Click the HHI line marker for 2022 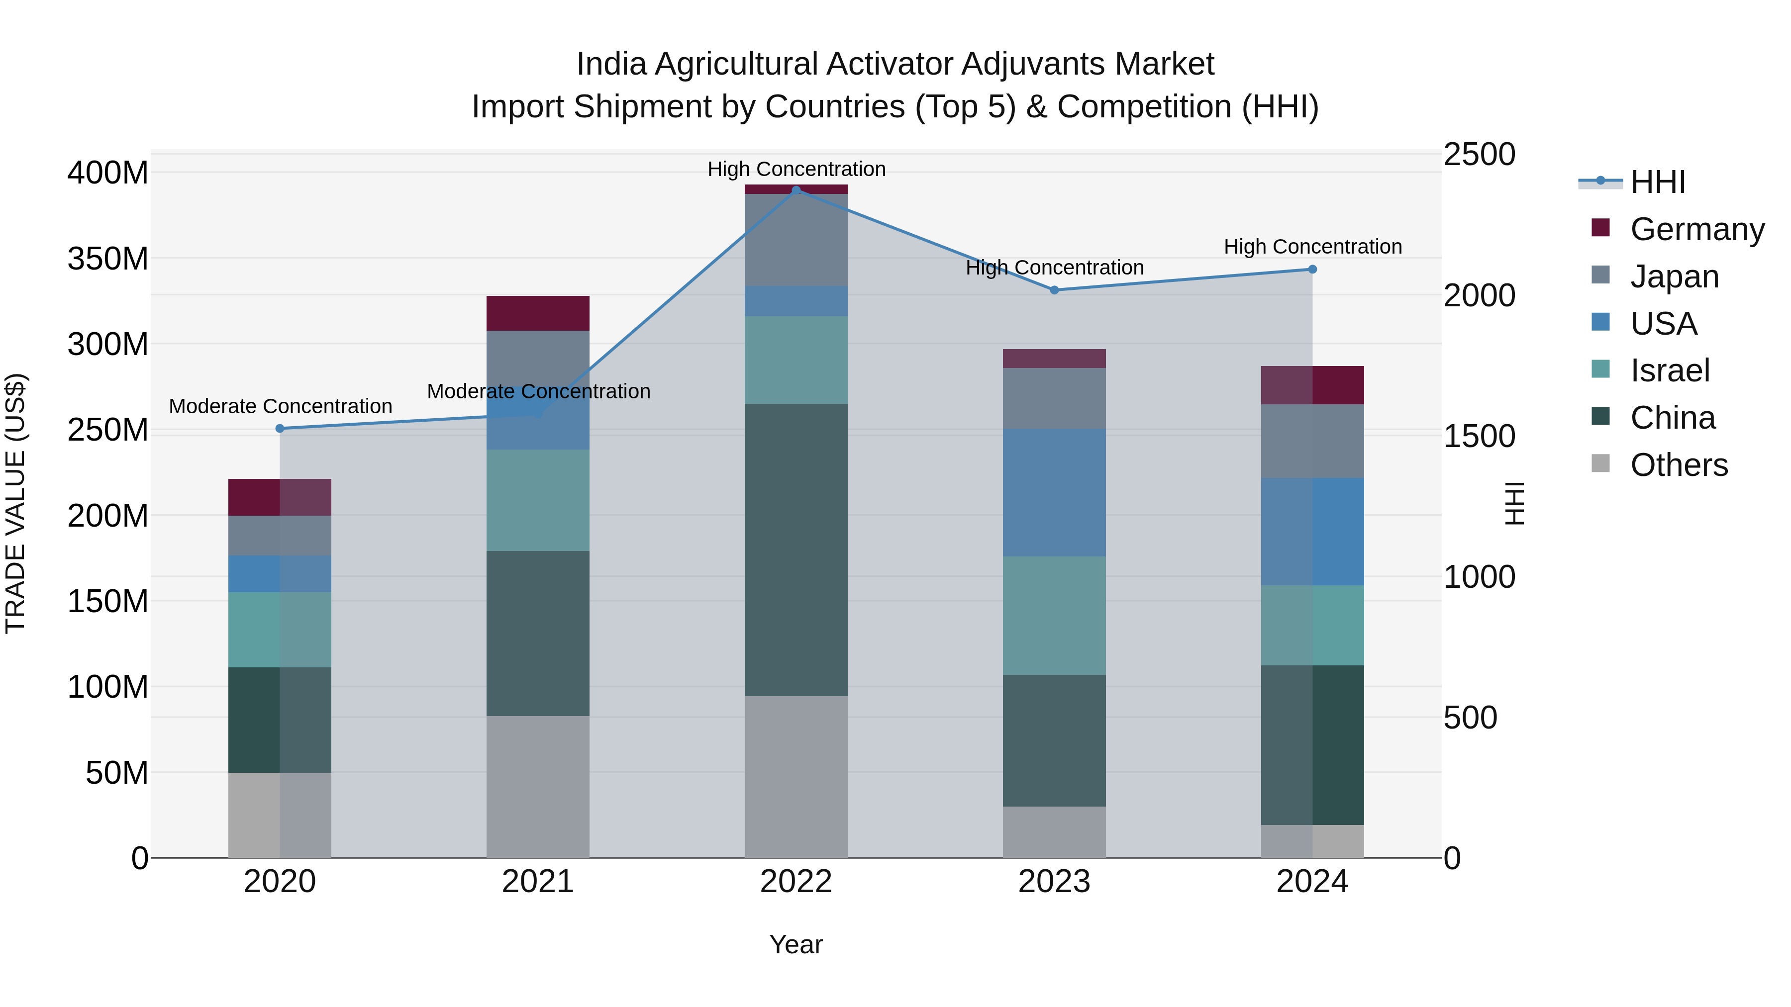tap(796, 190)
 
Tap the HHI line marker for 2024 tap(1312, 269)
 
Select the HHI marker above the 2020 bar tap(280, 428)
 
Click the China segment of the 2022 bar tap(796, 549)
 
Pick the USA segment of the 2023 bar tap(1054, 492)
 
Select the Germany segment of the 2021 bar tap(537, 313)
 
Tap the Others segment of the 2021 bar tap(537, 785)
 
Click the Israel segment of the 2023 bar tap(1054, 615)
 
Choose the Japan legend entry tap(1674, 276)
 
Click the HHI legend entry tap(1658, 182)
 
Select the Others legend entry tap(1679, 464)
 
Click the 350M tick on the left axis tap(108, 259)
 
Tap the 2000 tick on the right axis tap(1479, 295)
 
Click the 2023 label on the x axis tap(1054, 882)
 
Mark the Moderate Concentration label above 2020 tap(280, 406)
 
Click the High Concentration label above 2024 tap(1312, 247)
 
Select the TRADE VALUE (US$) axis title tap(15, 503)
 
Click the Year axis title tap(796, 944)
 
